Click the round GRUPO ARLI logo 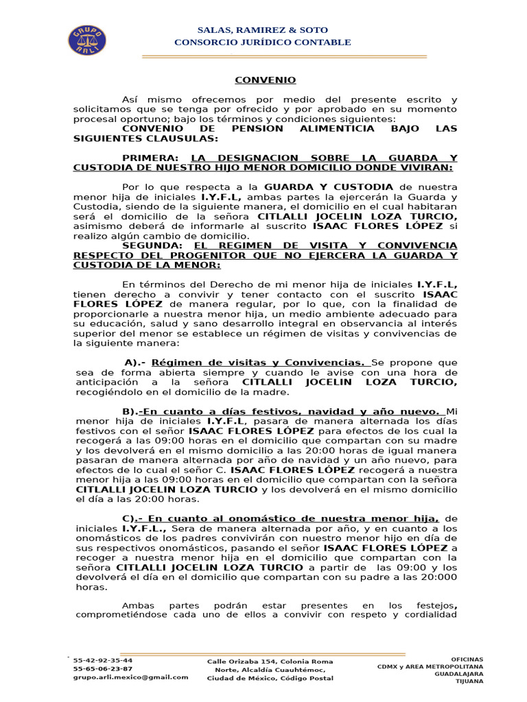[x=86, y=40]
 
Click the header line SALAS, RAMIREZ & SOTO [x=263, y=30]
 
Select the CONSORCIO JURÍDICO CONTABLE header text [x=263, y=43]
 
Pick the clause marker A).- [x=135, y=362]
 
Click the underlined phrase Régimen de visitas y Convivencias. [x=258, y=362]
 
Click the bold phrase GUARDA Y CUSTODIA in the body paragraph [x=329, y=186]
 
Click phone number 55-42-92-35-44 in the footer [x=103, y=660]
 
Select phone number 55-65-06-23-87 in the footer [x=103, y=668]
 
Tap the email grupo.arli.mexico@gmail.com [x=130, y=677]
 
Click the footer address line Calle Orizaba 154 [x=270, y=662]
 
